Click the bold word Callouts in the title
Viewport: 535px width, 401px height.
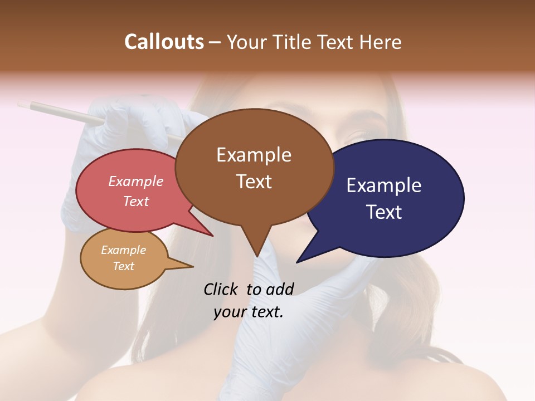(164, 42)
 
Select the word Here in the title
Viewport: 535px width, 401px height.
(379, 42)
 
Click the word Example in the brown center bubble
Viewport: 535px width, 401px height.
(254, 155)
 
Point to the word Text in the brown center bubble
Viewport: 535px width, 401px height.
(254, 182)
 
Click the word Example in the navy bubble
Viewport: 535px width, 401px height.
(384, 185)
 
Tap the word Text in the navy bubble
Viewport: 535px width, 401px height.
(384, 212)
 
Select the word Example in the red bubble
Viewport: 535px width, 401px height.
(136, 181)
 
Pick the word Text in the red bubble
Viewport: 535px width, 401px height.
(136, 201)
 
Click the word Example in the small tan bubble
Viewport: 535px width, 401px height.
(123, 250)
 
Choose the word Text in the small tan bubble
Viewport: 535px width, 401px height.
(123, 266)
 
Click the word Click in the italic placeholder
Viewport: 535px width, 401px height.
(221, 289)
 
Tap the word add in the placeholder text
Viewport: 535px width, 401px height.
(280, 289)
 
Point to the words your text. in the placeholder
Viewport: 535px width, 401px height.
(248, 312)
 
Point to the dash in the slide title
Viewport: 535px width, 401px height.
(215, 42)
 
